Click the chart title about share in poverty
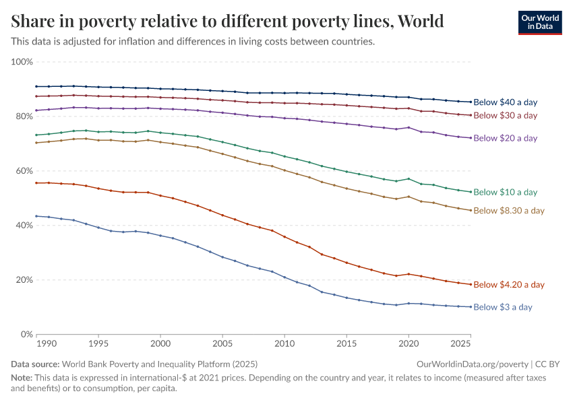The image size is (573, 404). point(227,22)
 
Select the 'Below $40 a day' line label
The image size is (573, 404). point(505,102)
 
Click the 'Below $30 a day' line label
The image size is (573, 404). point(505,115)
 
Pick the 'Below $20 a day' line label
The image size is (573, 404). point(505,138)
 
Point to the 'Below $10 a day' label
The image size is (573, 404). point(505,192)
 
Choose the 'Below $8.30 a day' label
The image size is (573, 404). point(509,211)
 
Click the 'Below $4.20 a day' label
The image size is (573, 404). point(509,285)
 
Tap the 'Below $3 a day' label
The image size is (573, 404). point(503,307)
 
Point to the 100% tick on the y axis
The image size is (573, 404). point(22,62)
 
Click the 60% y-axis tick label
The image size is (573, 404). point(24,171)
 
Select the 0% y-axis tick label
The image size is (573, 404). point(26,335)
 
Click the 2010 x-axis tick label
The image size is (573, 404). point(284,344)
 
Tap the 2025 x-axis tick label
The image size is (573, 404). point(461,344)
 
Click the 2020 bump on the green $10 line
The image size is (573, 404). point(409,179)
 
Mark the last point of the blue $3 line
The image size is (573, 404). point(470,307)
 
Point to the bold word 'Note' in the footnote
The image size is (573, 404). point(21,378)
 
